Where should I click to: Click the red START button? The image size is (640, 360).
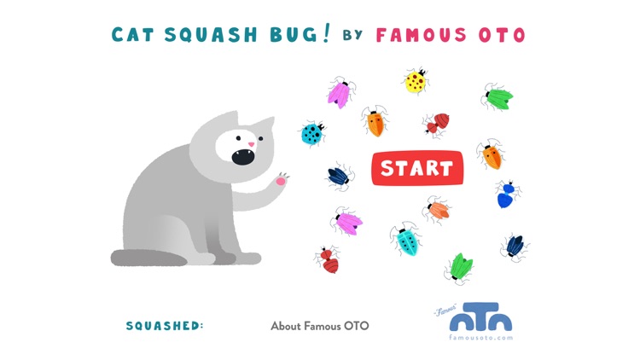[417, 168]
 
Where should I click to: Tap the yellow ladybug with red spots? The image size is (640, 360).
[416, 81]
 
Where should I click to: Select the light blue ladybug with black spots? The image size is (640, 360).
[312, 133]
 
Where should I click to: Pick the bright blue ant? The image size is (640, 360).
[507, 195]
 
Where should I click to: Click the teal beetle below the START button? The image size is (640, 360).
[405, 239]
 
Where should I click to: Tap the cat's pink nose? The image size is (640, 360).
[251, 144]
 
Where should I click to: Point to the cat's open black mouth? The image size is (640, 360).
[243, 157]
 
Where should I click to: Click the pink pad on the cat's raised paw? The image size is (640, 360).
[281, 181]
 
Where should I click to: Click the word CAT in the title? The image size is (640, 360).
[132, 35]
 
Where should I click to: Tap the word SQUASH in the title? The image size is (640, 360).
[211, 35]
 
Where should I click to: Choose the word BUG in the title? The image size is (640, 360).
[294, 35]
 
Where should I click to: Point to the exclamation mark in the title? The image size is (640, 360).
[325, 33]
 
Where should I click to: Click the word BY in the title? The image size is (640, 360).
[352, 35]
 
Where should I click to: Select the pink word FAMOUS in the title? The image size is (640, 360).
[421, 35]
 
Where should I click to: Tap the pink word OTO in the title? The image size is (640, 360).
[502, 35]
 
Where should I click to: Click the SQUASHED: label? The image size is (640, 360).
[165, 326]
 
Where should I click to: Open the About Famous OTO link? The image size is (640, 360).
[320, 326]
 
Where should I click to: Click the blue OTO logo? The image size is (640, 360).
[480, 316]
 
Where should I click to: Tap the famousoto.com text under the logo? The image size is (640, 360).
[480, 338]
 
